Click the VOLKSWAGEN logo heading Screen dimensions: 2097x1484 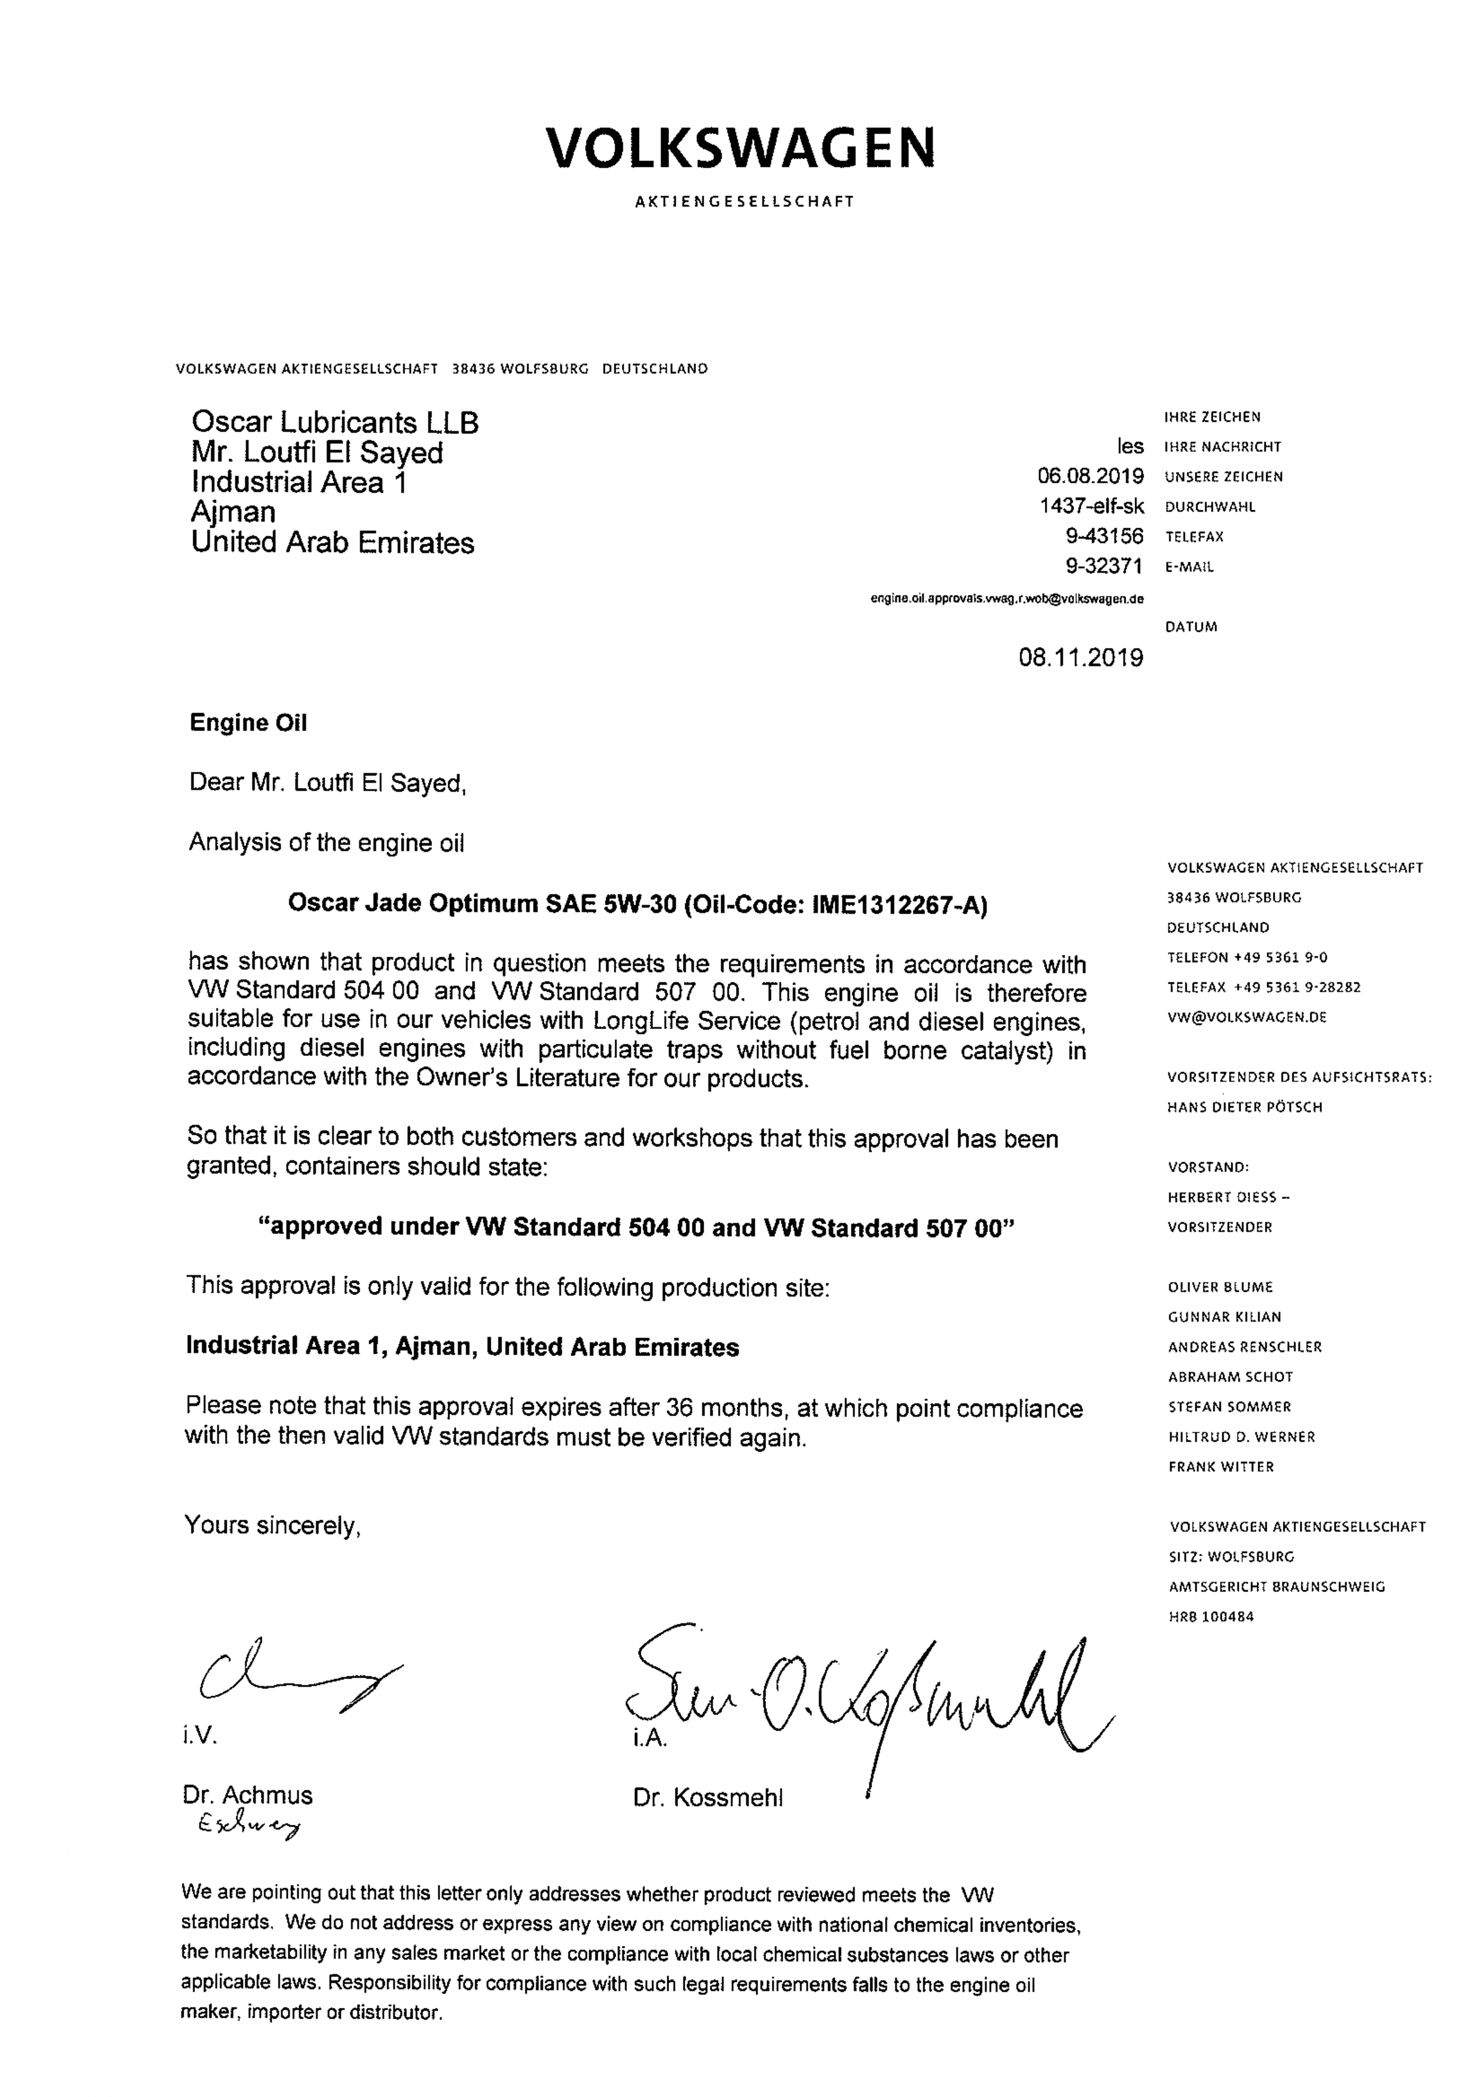tap(740, 148)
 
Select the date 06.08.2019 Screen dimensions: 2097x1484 tap(1090, 476)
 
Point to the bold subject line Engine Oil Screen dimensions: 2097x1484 tap(248, 723)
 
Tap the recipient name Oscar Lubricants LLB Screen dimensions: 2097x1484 tap(334, 422)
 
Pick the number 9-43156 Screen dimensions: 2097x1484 tap(1104, 536)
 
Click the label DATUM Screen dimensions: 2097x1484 tap(1191, 628)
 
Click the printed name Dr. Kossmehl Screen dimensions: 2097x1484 tap(707, 1798)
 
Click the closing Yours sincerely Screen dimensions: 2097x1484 tap(272, 1526)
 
